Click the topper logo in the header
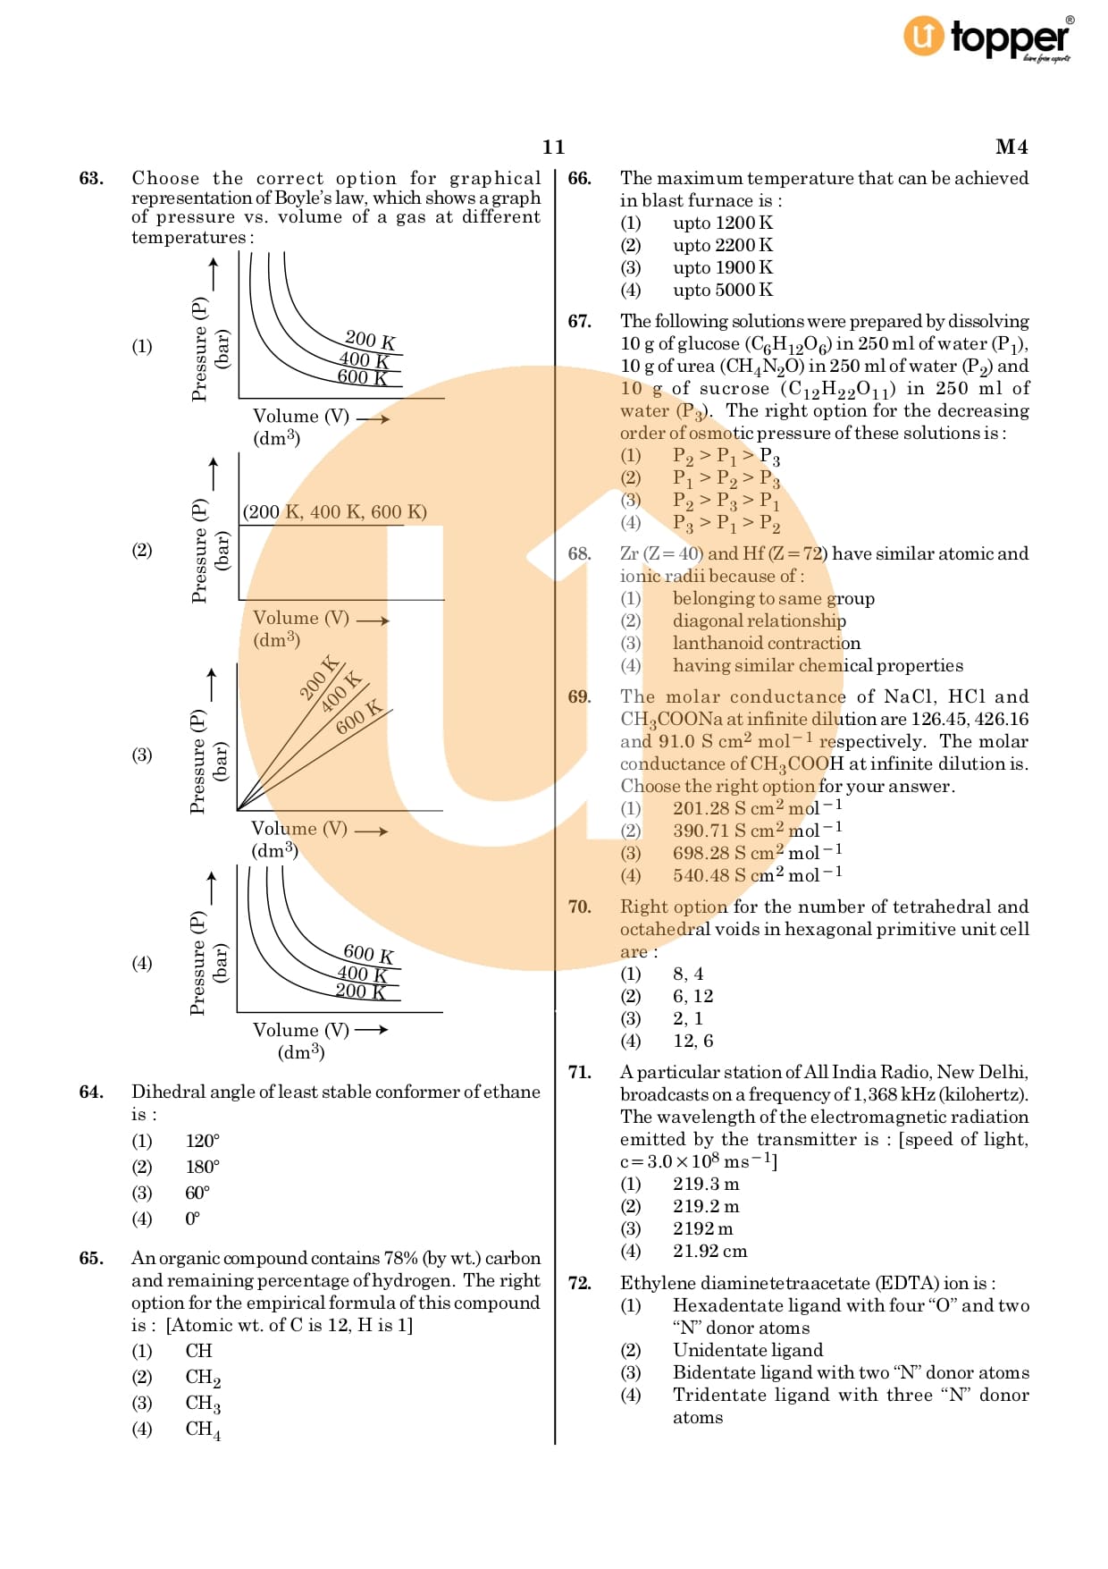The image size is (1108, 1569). click(986, 38)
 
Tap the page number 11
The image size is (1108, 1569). click(553, 147)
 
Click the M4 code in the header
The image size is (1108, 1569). click(1011, 147)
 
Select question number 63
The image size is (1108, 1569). click(91, 178)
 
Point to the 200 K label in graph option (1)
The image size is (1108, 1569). click(370, 340)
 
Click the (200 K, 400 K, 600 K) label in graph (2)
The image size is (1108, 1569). click(334, 512)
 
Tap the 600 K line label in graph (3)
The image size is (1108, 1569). click(358, 717)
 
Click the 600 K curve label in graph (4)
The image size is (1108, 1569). click(368, 954)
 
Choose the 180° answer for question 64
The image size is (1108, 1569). click(202, 1167)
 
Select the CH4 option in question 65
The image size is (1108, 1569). click(202, 1430)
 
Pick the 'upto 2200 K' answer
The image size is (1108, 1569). click(722, 245)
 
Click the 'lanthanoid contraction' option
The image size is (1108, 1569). click(766, 643)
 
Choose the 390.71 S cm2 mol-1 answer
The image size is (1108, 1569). click(757, 831)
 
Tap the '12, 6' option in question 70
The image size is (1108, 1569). click(692, 1041)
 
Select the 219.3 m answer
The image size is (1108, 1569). click(706, 1184)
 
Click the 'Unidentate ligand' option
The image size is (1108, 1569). click(747, 1350)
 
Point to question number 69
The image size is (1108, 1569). click(579, 696)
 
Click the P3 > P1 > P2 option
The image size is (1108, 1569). click(726, 523)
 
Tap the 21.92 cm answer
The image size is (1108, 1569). click(709, 1251)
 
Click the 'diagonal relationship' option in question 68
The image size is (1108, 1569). click(759, 620)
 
